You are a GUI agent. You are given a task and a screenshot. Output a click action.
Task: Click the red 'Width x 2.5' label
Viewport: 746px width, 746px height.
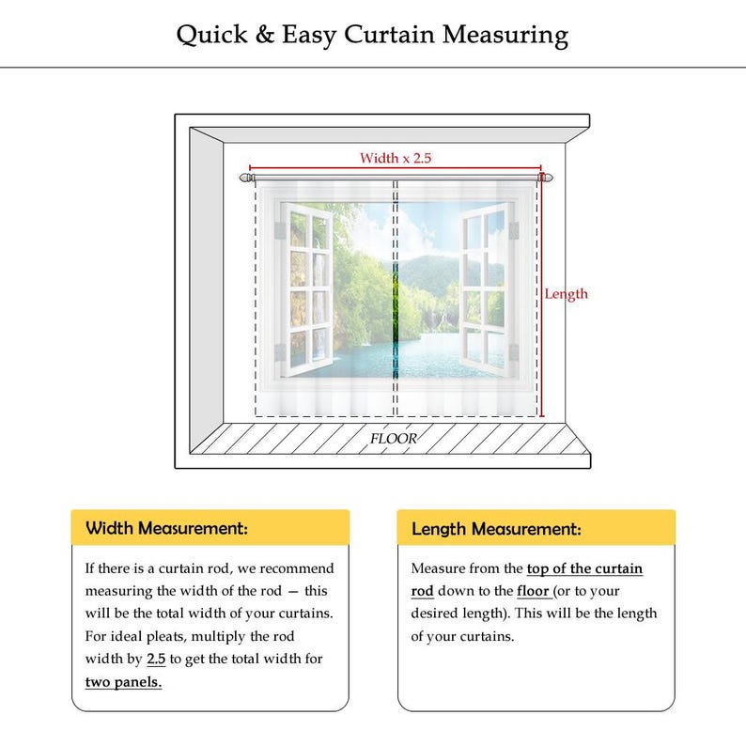coord(396,158)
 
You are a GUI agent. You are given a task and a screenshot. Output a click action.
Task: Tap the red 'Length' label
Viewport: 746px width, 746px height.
coord(567,294)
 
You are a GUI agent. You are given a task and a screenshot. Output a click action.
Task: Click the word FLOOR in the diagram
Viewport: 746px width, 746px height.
coord(394,439)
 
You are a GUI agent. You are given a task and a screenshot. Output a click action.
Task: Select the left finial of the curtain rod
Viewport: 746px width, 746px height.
coord(246,178)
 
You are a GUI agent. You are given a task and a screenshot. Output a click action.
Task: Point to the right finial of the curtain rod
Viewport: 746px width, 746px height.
coord(546,178)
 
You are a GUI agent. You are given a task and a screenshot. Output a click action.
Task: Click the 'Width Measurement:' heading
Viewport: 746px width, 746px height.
coord(166,528)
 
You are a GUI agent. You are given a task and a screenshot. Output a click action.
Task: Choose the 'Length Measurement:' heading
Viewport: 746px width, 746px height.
coord(496,529)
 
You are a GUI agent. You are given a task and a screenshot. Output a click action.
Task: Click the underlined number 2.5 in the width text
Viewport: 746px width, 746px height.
coord(156,659)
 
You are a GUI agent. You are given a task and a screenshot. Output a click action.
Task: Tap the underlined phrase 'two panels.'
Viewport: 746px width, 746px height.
coord(124,682)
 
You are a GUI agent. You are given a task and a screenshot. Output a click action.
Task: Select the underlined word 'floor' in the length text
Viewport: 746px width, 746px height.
coord(534,591)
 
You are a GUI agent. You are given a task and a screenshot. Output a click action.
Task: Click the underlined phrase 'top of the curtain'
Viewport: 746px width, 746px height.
coord(584,568)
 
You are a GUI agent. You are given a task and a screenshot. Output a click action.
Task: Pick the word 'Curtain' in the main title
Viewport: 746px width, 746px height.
coord(389,35)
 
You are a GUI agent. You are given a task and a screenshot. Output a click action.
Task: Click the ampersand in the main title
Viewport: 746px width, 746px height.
coord(265,35)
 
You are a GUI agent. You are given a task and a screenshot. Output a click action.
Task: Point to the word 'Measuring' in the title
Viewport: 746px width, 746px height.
coord(505,36)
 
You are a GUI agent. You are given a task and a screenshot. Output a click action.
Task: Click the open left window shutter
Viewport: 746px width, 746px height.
coord(306,289)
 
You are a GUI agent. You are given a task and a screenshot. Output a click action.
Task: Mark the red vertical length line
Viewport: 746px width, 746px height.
coord(542,294)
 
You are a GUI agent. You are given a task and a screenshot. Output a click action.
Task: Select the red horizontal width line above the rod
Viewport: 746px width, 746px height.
coord(396,168)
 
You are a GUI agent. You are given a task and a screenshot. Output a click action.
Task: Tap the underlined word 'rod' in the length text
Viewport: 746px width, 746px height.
coord(423,591)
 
